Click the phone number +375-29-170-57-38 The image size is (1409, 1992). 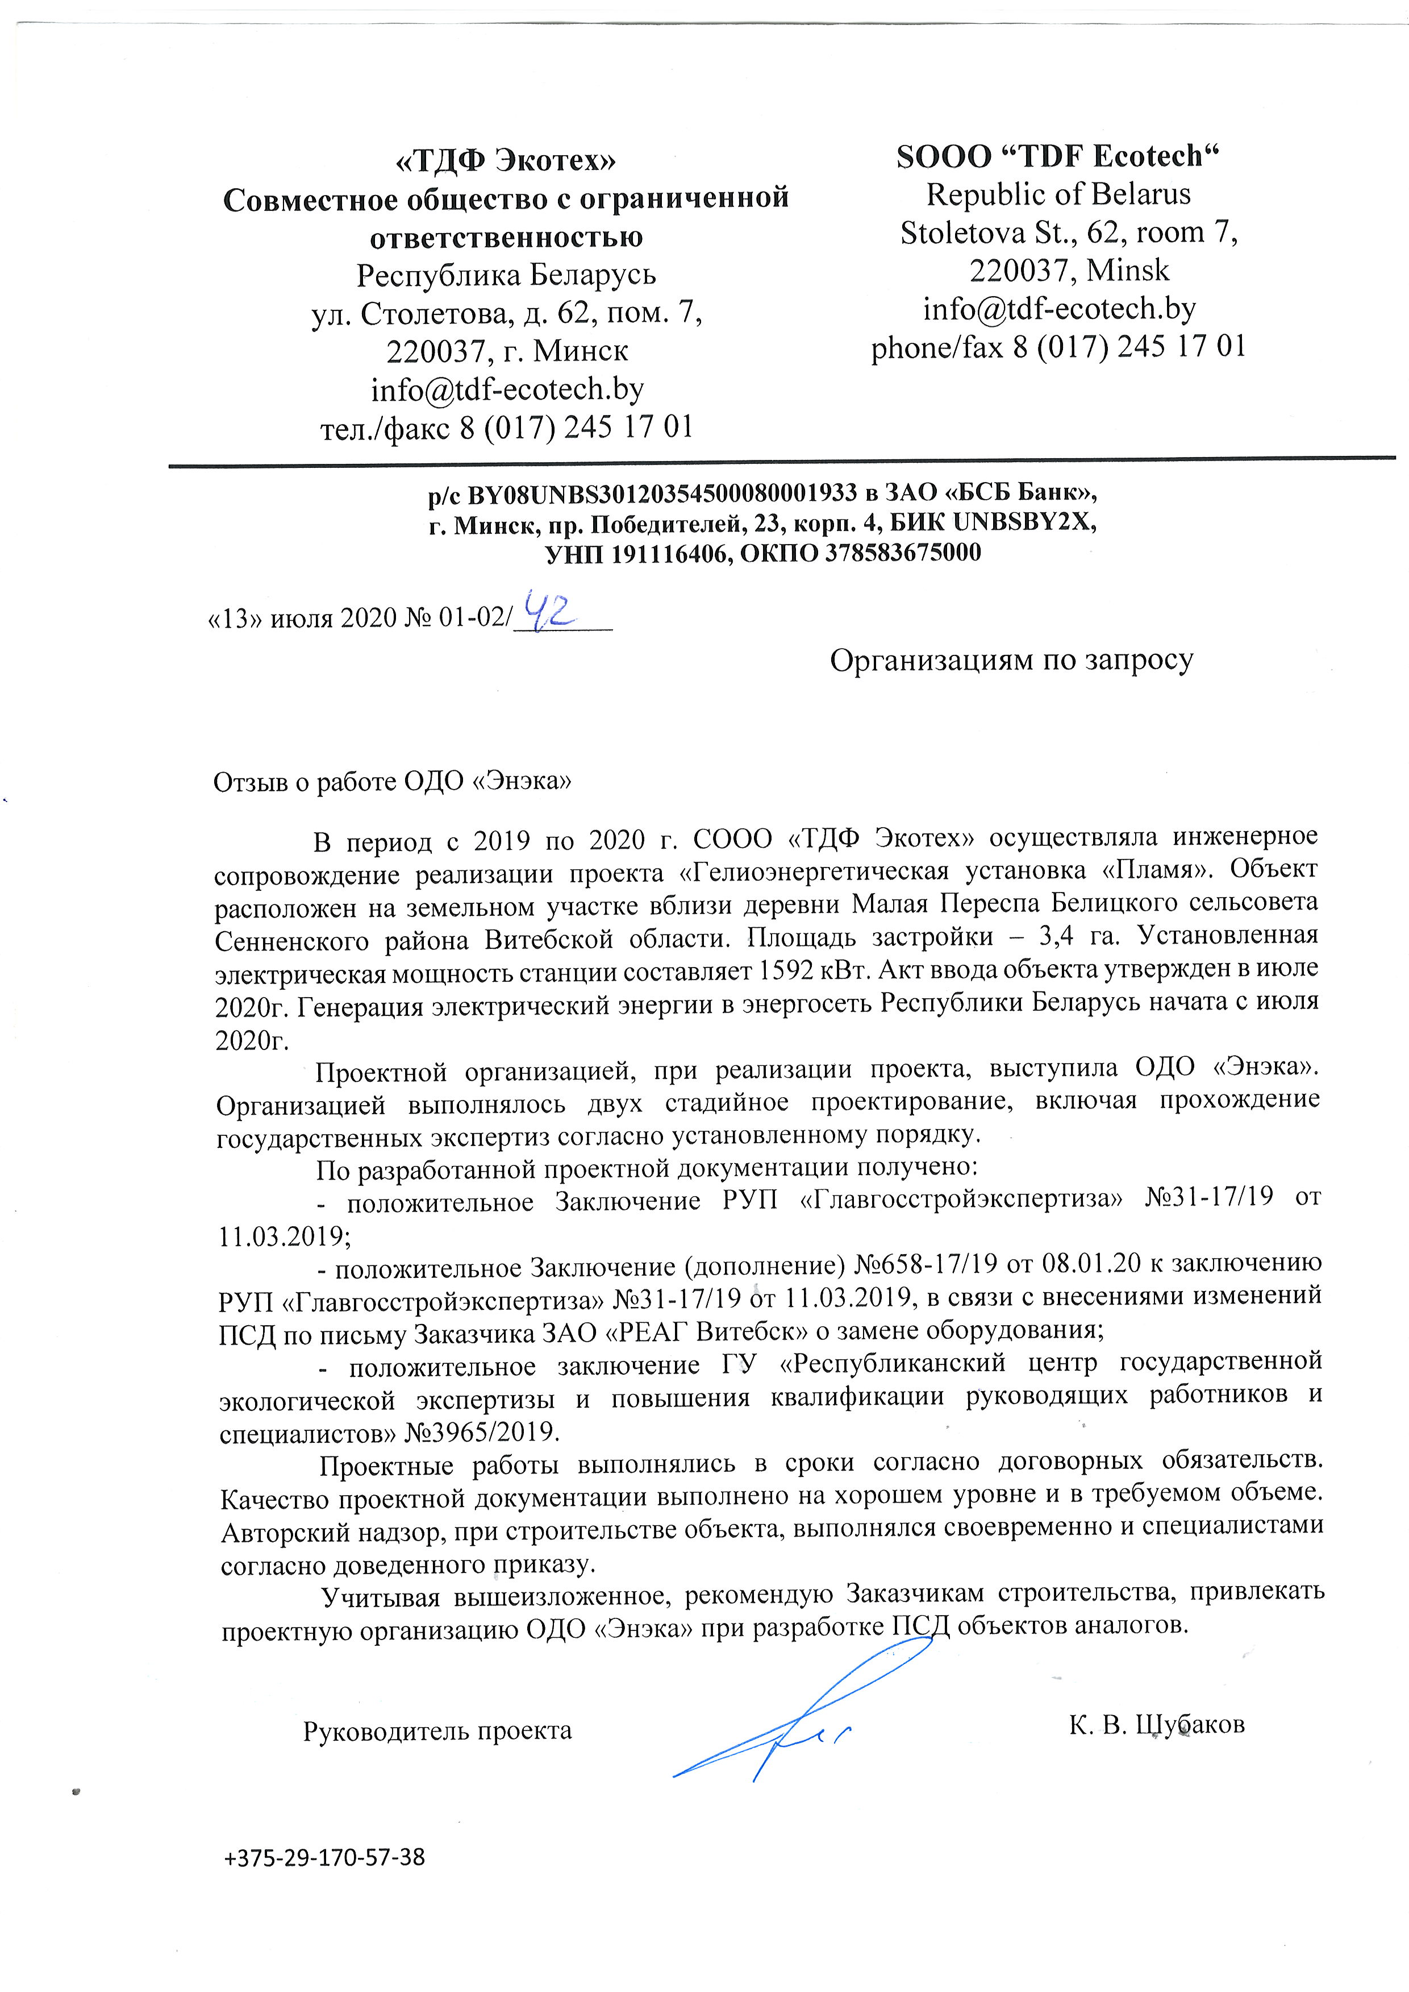point(324,1857)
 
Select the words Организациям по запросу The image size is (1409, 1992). point(1012,661)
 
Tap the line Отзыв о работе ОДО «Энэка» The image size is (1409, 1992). point(392,781)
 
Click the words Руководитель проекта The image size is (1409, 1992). point(437,1730)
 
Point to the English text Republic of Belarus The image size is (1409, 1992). point(1058,194)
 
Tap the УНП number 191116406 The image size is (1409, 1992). point(668,553)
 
